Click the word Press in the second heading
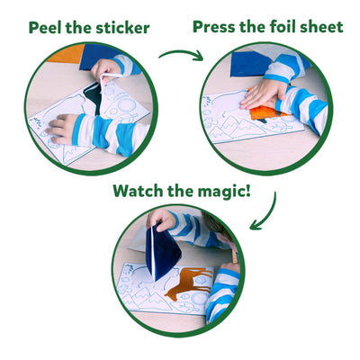coord(217,26)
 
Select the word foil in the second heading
coord(290,26)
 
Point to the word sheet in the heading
coord(323,26)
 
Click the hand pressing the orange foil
coord(262,94)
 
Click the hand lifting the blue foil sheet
coord(162,220)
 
